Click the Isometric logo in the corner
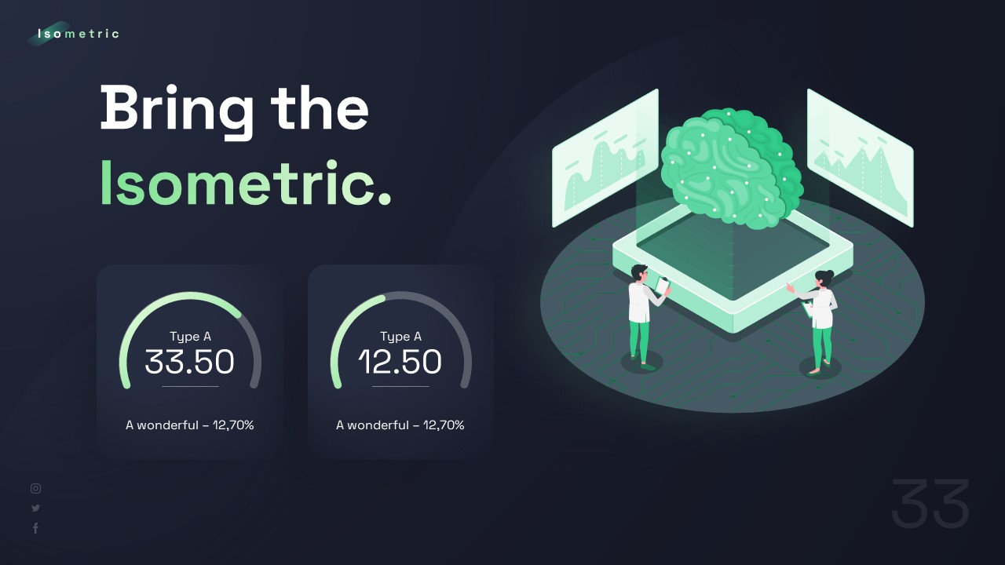pos(78,34)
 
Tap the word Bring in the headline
pos(177,108)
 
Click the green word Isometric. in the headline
pos(245,184)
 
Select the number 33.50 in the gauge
pos(190,362)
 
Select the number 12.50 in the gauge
pos(400,362)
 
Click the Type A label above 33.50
pos(190,337)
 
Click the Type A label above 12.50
pos(400,337)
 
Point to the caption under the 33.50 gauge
pos(190,425)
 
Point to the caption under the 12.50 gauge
pos(400,425)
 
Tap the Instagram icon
pos(35,488)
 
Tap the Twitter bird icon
pos(35,508)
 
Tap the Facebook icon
pos(35,529)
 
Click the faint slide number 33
pos(930,505)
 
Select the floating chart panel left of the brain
pos(605,159)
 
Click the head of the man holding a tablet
pos(639,273)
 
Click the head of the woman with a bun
pos(824,278)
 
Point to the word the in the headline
pos(320,108)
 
